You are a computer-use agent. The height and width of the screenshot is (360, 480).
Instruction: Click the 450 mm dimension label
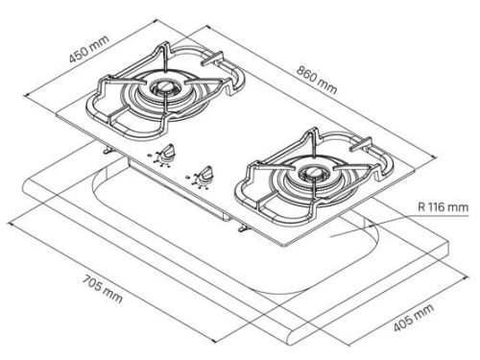(x=89, y=49)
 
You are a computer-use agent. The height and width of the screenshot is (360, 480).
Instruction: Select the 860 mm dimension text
(x=317, y=80)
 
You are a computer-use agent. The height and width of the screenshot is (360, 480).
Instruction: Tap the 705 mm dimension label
(x=103, y=288)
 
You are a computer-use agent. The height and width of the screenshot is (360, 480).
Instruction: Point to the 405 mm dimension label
(x=413, y=317)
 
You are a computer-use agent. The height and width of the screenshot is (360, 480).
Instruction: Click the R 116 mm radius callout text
(x=444, y=207)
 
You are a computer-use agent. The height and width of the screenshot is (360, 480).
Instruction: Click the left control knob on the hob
(x=168, y=151)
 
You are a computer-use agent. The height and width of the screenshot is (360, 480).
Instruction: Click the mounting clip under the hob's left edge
(x=108, y=150)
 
